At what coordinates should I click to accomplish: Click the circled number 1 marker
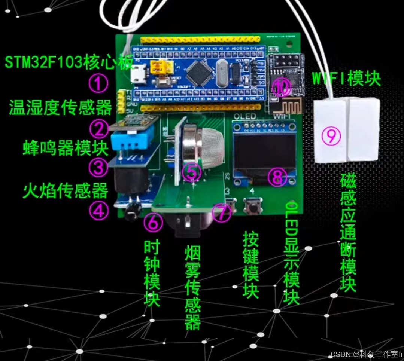tap(98, 84)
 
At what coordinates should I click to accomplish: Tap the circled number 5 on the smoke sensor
tap(191, 172)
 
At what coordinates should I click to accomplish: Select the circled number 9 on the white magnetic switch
tap(331, 136)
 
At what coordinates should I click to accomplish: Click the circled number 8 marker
tap(278, 177)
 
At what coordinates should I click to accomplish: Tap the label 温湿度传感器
tap(61, 107)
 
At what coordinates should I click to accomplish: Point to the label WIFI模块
tap(346, 79)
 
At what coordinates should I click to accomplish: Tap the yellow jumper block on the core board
tap(162, 68)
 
